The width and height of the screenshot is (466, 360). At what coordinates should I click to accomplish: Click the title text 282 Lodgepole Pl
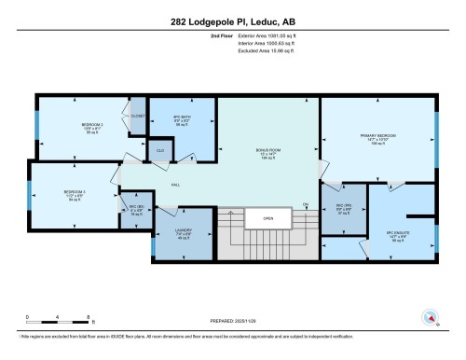tap(233, 21)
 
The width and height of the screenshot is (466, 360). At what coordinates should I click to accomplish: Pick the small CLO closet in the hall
tap(160, 149)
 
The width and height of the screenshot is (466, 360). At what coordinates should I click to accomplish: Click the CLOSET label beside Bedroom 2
tap(138, 116)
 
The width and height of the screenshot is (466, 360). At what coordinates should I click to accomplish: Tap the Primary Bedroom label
tap(377, 139)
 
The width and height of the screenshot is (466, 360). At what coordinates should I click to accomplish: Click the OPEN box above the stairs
tap(267, 219)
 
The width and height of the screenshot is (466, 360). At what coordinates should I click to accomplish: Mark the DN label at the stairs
tap(305, 204)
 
